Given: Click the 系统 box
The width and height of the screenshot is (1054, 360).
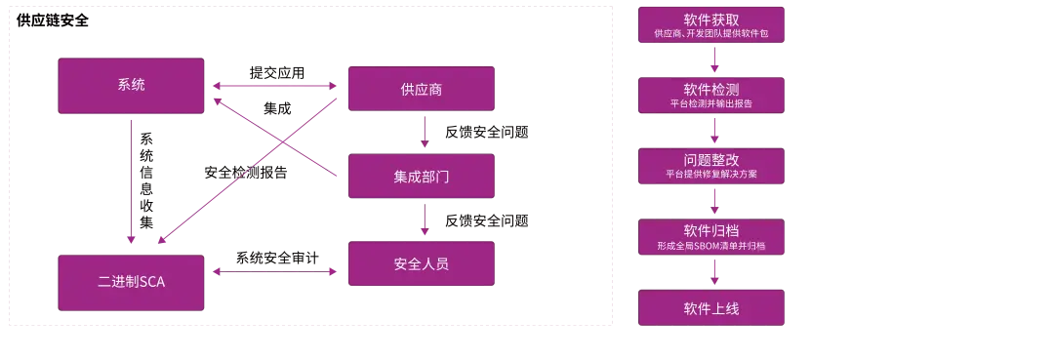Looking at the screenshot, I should tap(131, 85).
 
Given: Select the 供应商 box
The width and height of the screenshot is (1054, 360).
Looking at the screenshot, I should tap(421, 89).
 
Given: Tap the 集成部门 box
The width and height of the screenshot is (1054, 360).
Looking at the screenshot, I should tap(421, 177).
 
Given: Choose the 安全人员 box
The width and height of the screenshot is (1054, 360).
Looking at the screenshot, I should tap(421, 263).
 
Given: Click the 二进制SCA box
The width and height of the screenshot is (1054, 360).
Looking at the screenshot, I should tap(131, 282).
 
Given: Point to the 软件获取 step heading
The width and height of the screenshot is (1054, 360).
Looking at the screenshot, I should tap(710, 19).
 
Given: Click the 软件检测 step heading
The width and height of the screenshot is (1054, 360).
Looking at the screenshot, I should tap(710, 89).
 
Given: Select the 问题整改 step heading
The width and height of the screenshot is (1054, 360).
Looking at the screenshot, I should tap(710, 160).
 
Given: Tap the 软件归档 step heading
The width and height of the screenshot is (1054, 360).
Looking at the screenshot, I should tap(710, 231).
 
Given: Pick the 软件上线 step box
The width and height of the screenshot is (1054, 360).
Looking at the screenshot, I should tap(710, 308).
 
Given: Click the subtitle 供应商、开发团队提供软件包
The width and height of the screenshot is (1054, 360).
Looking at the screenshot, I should tap(710, 34).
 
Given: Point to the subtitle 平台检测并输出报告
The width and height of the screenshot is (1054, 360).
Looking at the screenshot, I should tap(710, 103).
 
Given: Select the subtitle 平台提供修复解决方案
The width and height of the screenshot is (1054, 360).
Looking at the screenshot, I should tap(710, 175).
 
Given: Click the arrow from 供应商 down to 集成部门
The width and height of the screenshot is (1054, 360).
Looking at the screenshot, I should tap(425, 132).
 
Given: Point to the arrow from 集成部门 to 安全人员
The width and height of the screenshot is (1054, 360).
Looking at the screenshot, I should tap(425, 220).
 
